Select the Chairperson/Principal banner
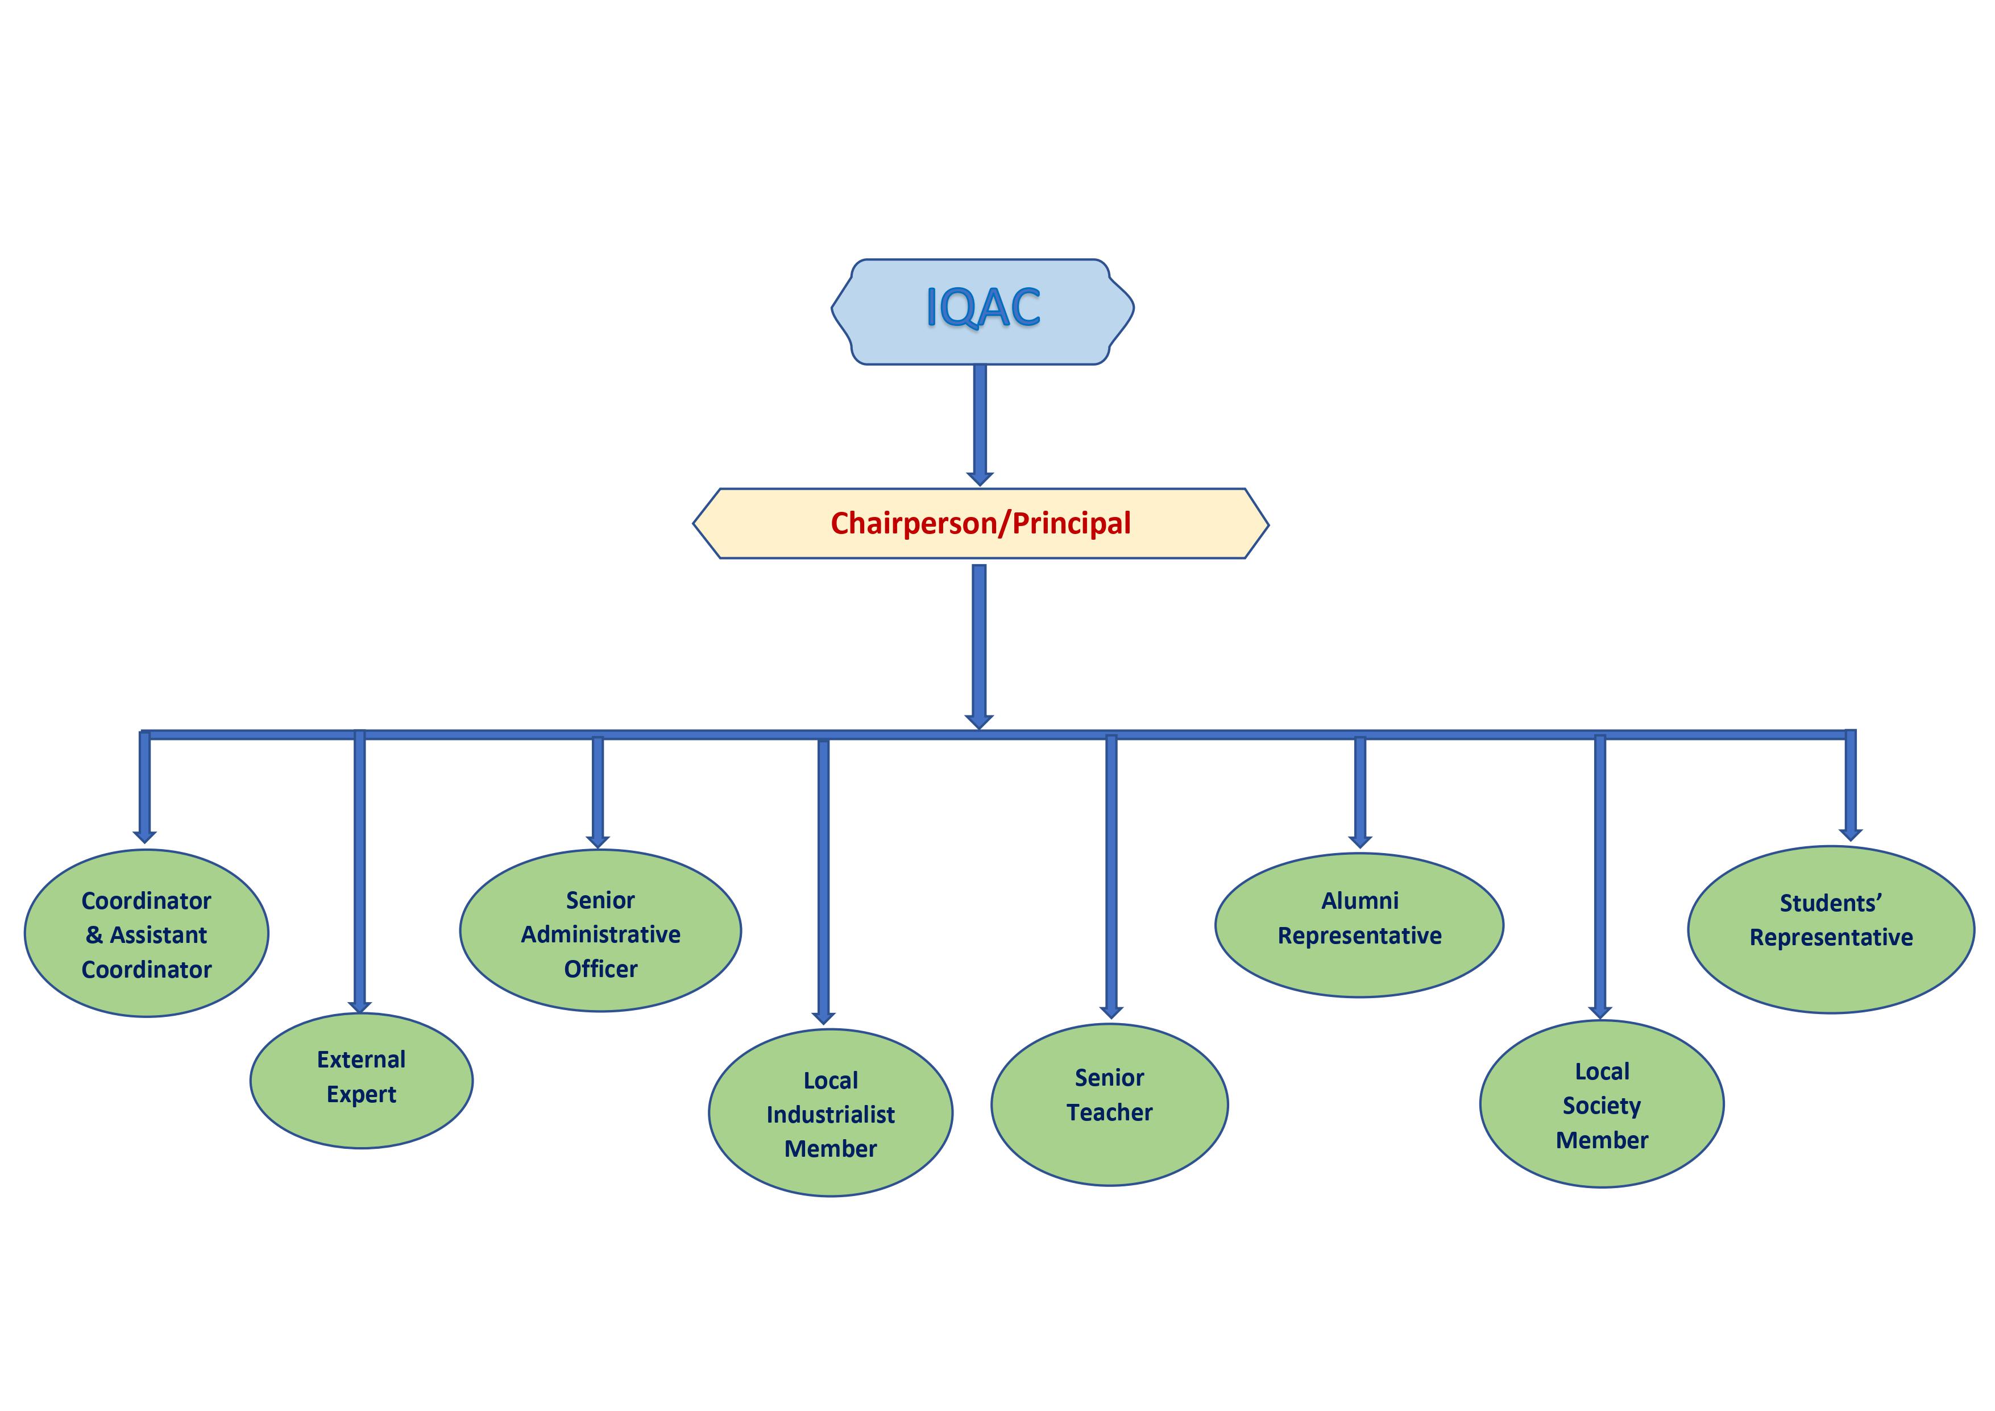pyautogui.click(x=980, y=523)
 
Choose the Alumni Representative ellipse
pyautogui.click(x=1359, y=924)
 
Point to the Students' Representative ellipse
pyautogui.click(x=1830, y=929)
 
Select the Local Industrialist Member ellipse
pyautogui.click(x=830, y=1113)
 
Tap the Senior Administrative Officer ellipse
pyautogui.click(x=600, y=930)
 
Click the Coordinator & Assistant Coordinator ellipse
pyautogui.click(x=146, y=933)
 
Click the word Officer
pyautogui.click(x=600, y=969)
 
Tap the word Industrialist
pyautogui.click(x=830, y=1115)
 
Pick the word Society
pyautogui.click(x=1602, y=1106)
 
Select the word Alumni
pyautogui.click(x=1359, y=901)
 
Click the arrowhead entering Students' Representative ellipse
pyautogui.click(x=1850, y=835)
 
